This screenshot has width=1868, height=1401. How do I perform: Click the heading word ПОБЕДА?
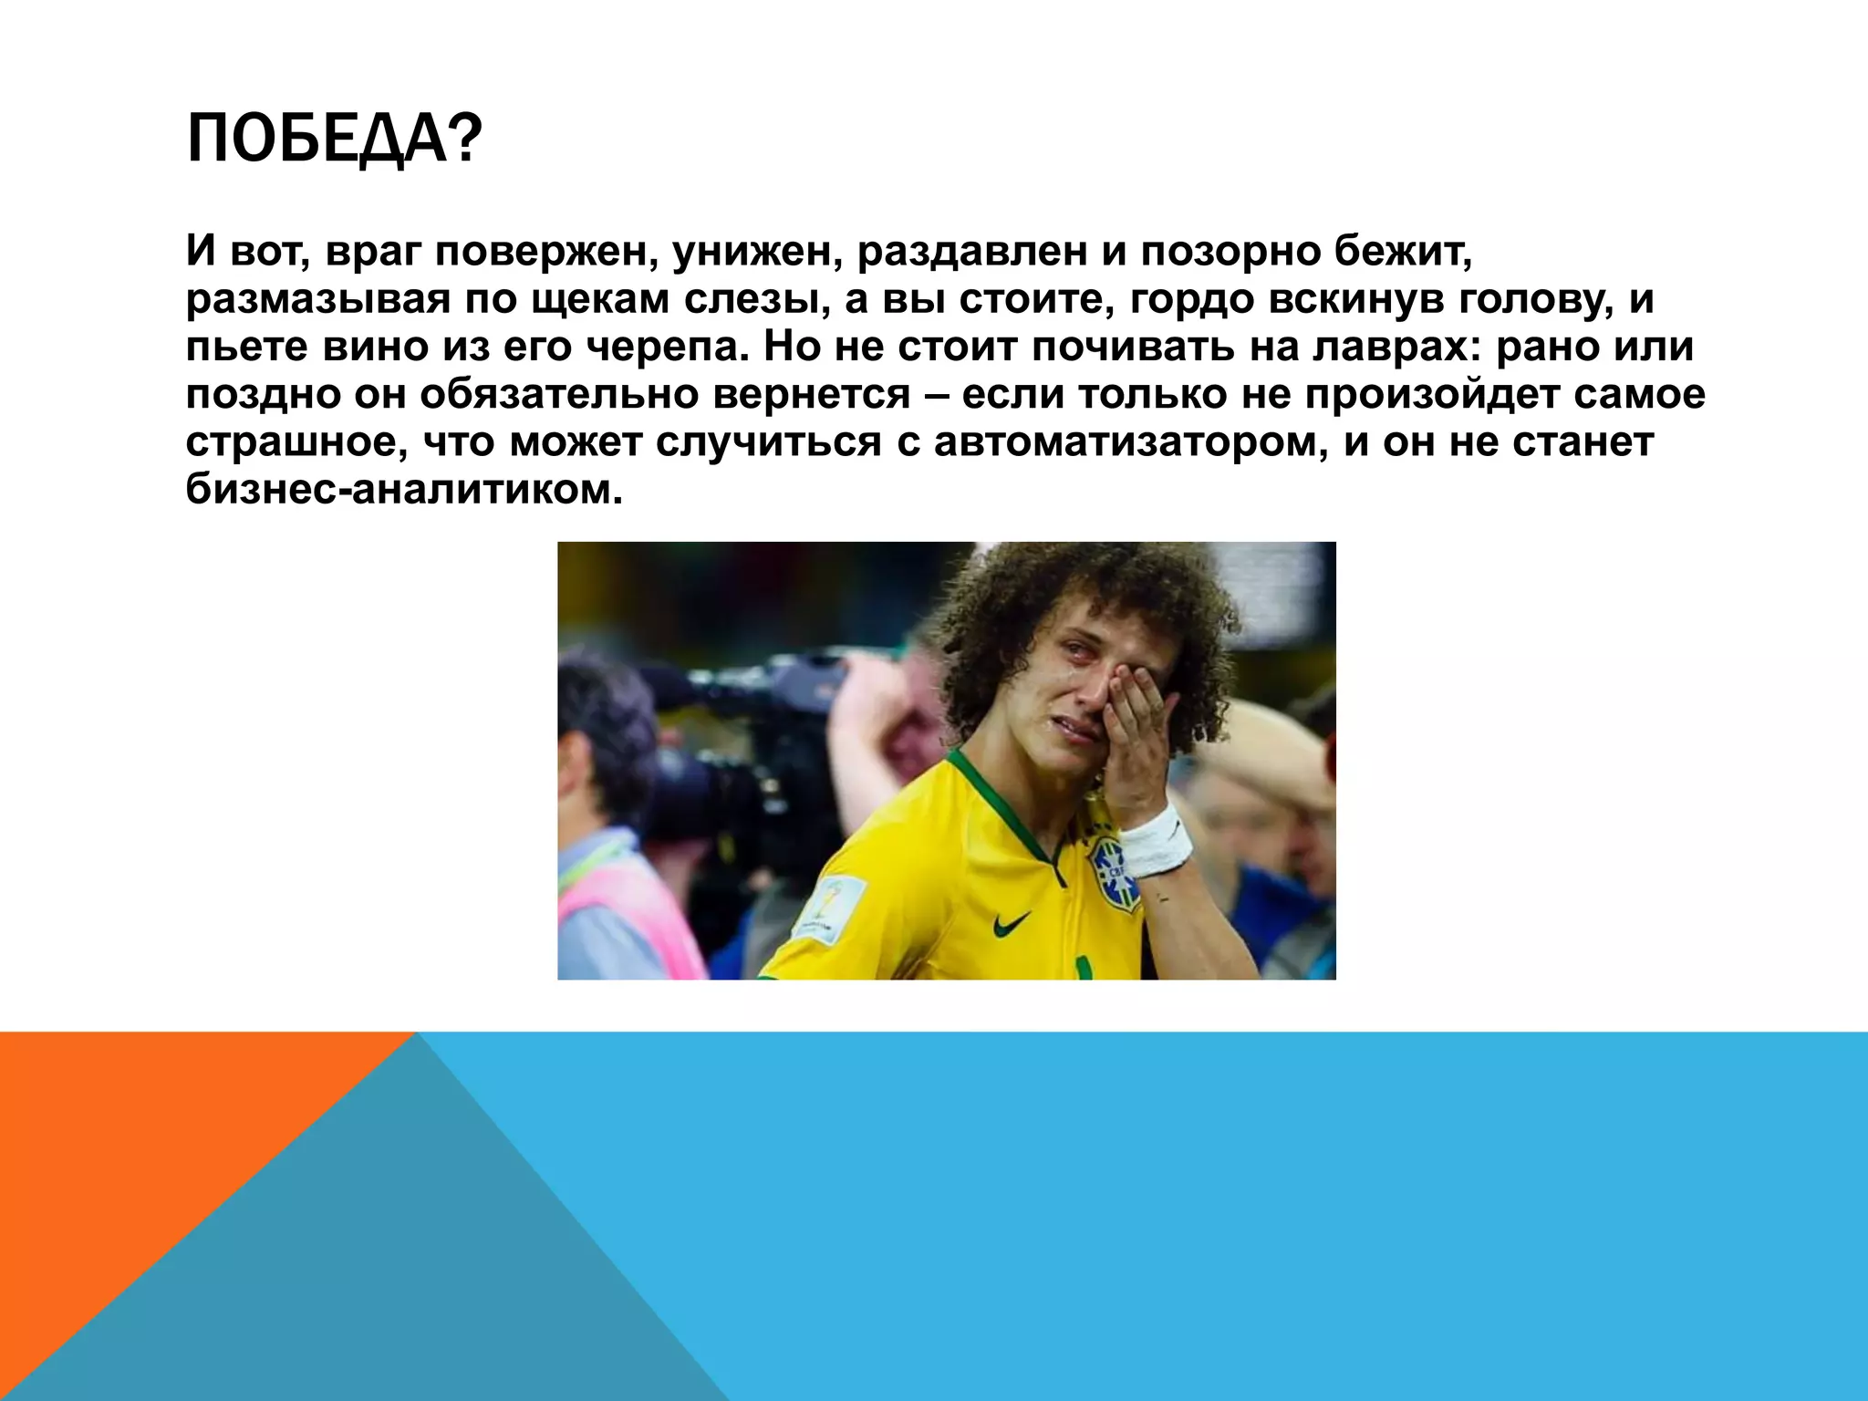pyautogui.click(x=333, y=140)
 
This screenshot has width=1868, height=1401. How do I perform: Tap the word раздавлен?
pyautogui.click(x=972, y=251)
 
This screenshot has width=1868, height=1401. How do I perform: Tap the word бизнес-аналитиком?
pyautogui.click(x=404, y=490)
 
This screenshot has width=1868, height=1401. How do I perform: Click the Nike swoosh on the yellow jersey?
pyautogui.click(x=1012, y=925)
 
